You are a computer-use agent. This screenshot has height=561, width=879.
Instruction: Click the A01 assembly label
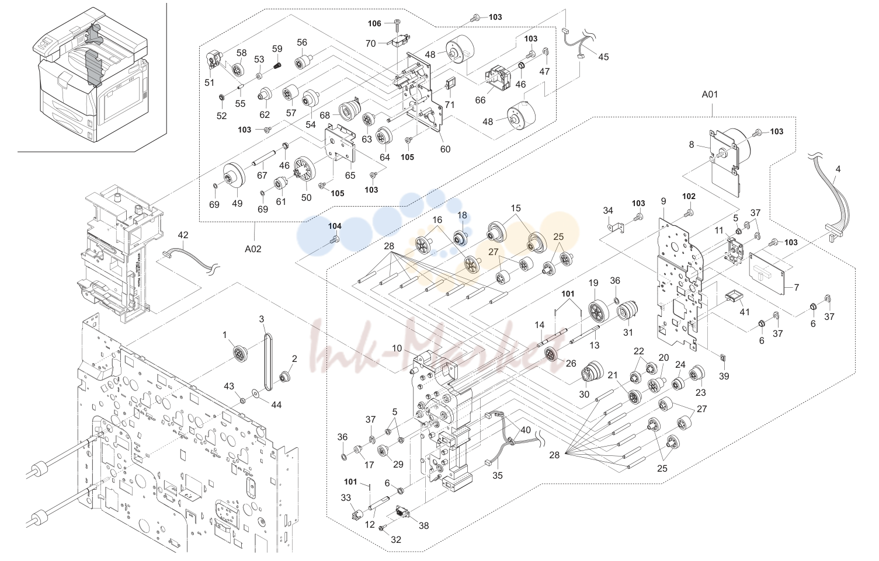[x=710, y=95]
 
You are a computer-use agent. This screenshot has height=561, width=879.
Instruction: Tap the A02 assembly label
[x=253, y=249]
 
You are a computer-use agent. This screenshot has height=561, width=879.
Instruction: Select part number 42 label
[x=183, y=235]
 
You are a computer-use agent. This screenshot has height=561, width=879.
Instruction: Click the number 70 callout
[x=370, y=44]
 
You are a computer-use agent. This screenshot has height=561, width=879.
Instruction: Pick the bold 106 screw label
[x=374, y=23]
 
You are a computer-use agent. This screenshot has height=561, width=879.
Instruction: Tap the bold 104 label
[x=335, y=226]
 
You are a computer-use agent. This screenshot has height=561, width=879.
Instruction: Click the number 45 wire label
[x=603, y=57]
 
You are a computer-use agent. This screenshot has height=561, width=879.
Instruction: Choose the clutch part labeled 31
[x=627, y=311]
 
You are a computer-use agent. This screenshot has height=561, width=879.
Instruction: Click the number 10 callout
[x=397, y=349]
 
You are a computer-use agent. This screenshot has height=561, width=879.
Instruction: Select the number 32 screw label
[x=396, y=540]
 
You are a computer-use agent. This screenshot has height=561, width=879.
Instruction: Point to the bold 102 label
[x=689, y=196]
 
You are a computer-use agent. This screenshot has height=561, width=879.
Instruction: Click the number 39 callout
[x=724, y=376]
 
